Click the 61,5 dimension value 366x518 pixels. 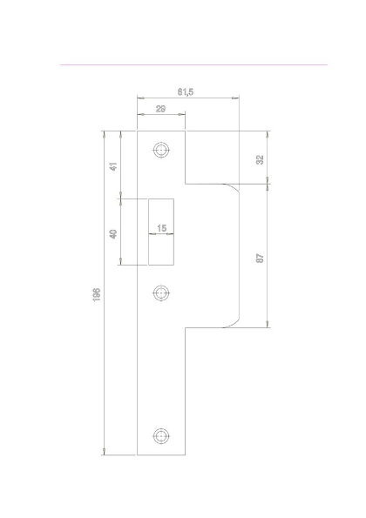tap(186, 91)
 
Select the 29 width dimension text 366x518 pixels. tap(161, 109)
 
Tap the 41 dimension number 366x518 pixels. tap(114, 165)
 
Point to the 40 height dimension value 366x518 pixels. tap(114, 232)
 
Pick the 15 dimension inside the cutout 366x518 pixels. tap(161, 228)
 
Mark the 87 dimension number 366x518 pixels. tap(260, 259)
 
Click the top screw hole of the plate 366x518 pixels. tap(160, 150)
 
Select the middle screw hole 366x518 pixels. tap(160, 294)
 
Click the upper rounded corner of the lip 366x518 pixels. tap(232, 187)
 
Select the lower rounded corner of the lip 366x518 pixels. tap(232, 323)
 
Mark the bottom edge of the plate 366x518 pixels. tap(160, 454)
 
